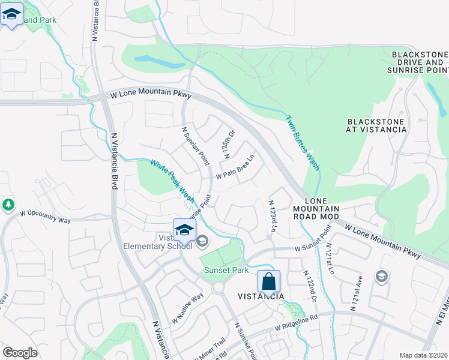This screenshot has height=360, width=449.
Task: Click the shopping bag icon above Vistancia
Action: tap(269, 281)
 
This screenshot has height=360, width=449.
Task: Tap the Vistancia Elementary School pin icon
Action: tap(185, 230)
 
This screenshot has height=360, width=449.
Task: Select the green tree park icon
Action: tap(8, 205)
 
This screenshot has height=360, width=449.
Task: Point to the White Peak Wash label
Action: tap(172, 181)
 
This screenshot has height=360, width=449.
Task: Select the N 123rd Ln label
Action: tap(273, 216)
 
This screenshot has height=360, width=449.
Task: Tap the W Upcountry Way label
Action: tap(45, 217)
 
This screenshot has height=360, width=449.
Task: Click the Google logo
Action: tap(20, 353)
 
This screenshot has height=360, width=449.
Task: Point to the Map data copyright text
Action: tap(424, 355)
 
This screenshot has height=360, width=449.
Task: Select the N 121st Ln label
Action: tap(330, 258)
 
